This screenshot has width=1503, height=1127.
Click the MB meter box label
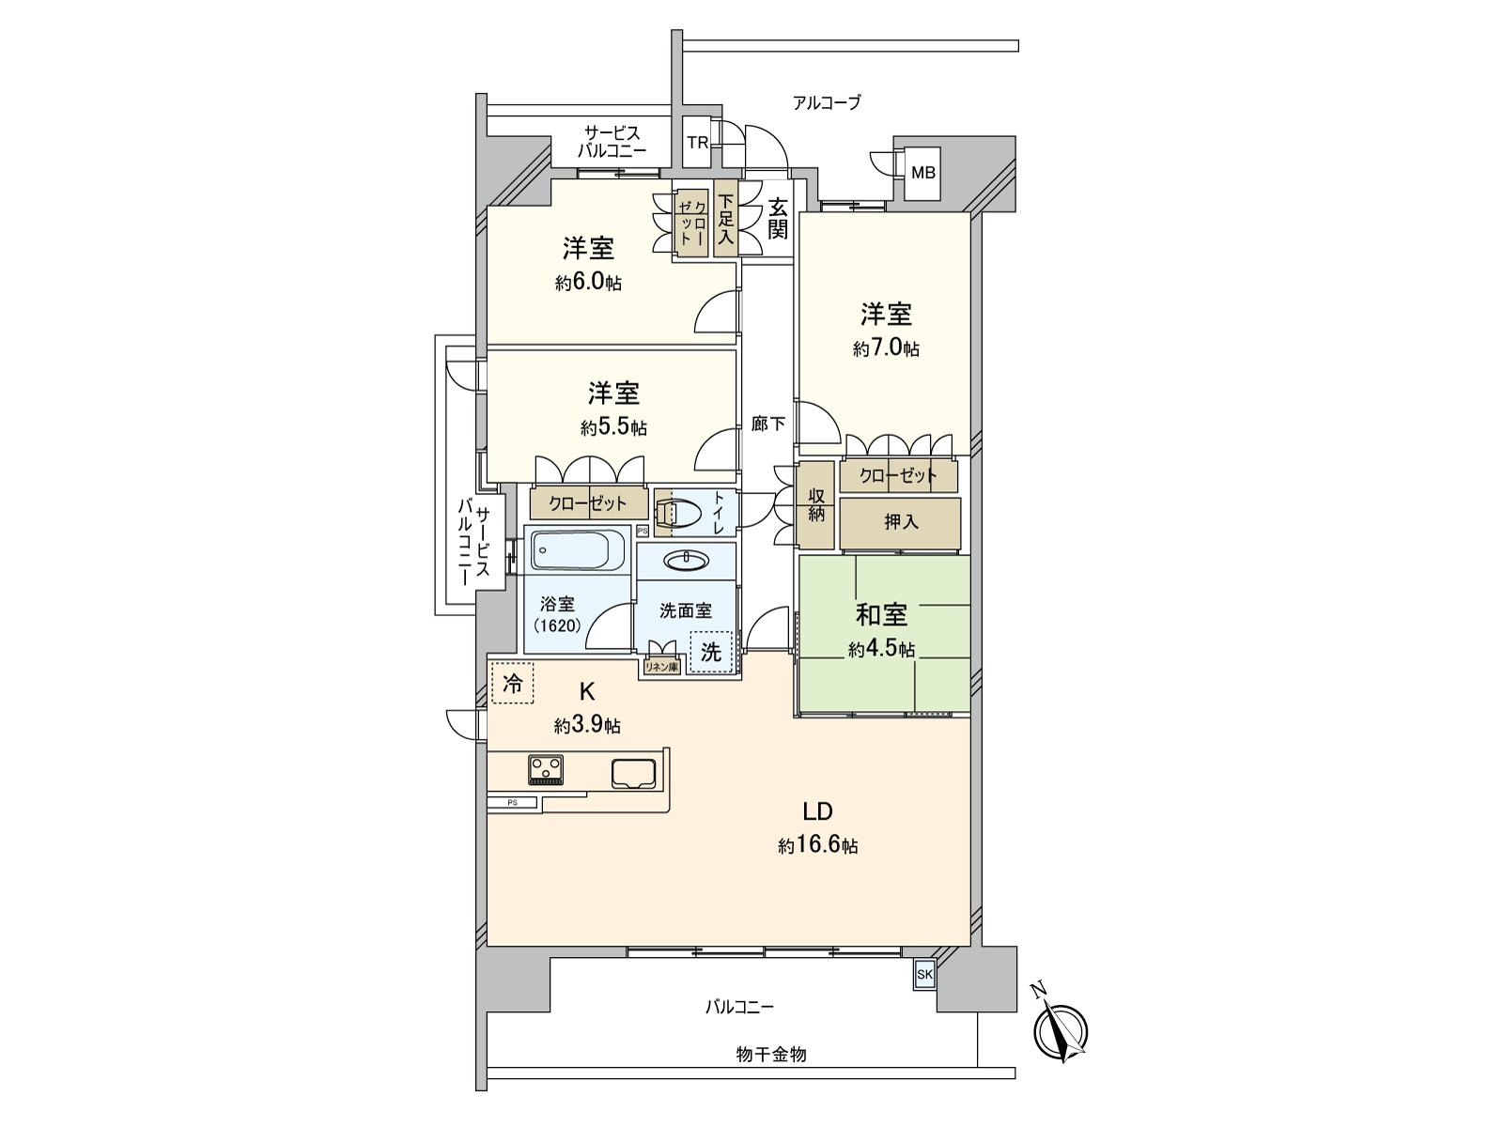click(x=924, y=173)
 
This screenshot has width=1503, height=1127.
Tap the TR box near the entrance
click(x=697, y=143)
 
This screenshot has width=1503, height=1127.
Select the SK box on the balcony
click(x=924, y=975)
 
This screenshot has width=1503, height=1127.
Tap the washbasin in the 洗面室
click(x=686, y=561)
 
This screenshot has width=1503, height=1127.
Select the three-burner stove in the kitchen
click(x=545, y=771)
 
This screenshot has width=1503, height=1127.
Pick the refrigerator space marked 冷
click(x=512, y=683)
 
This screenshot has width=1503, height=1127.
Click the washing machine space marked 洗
click(x=712, y=652)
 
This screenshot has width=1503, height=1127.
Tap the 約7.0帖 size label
click(x=886, y=349)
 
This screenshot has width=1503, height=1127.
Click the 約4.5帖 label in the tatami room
click(x=881, y=649)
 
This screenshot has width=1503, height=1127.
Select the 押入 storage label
click(x=900, y=522)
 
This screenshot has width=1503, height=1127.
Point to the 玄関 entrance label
click(x=777, y=219)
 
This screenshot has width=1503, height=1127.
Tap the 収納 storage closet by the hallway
click(x=815, y=504)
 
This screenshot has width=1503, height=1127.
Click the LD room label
click(x=816, y=811)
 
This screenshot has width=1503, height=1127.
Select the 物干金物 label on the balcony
click(x=770, y=1055)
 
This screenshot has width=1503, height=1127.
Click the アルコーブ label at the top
click(x=826, y=103)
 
